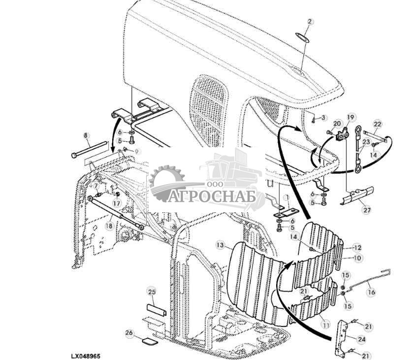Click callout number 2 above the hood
[310, 21]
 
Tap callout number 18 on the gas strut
[108, 225]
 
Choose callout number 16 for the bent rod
[371, 292]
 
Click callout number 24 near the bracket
[362, 339]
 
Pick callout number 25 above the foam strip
[151, 292]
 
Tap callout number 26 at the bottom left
[129, 333]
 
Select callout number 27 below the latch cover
[367, 210]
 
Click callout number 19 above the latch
[350, 117]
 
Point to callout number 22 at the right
[377, 124]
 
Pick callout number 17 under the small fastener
[117, 203]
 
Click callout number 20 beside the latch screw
[337, 124]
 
